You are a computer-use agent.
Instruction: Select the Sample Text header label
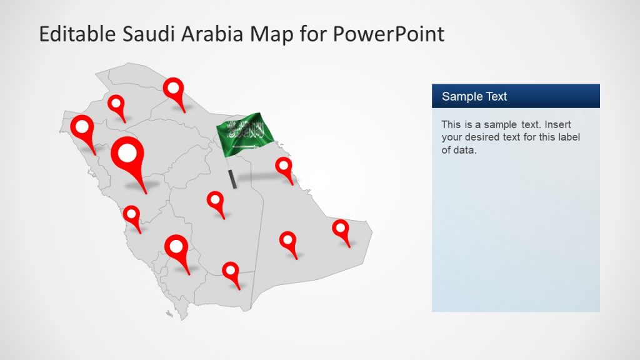(x=474, y=96)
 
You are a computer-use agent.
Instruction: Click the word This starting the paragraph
(x=451, y=124)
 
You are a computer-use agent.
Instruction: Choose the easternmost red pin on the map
(x=341, y=229)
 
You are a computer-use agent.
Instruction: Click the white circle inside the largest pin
(x=127, y=152)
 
